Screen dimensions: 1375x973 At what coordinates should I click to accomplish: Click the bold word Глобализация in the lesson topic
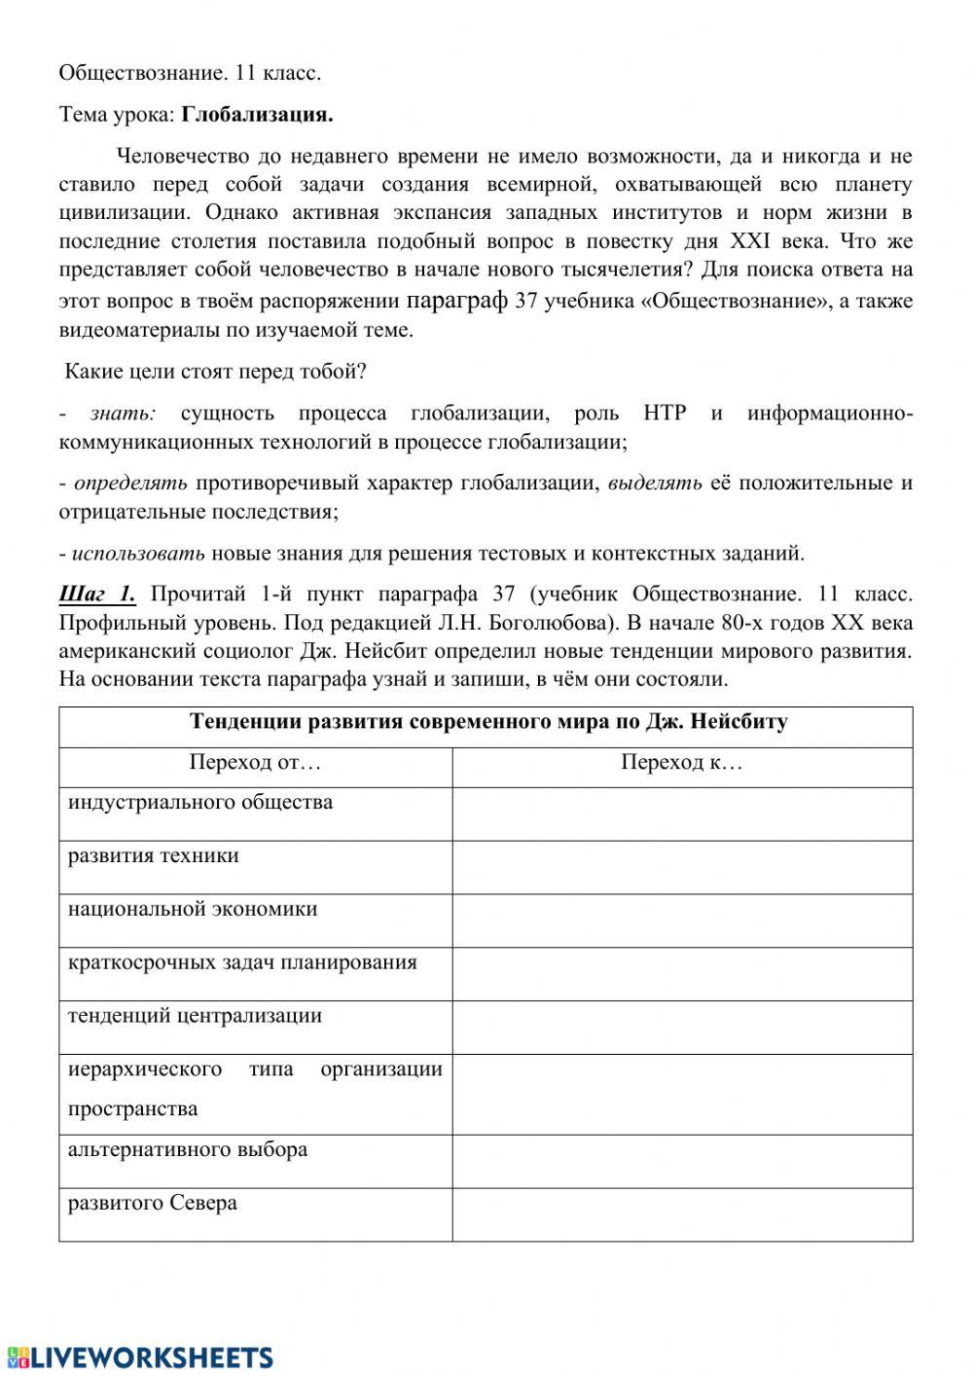point(257,115)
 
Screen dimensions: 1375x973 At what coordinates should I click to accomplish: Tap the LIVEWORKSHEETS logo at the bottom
point(138,1357)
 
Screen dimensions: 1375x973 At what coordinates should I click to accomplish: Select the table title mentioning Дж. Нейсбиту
point(487,722)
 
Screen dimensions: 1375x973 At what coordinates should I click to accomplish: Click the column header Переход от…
point(255,762)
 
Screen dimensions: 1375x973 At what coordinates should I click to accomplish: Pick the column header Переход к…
point(681,762)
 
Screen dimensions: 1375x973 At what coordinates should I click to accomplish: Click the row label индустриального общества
point(200,803)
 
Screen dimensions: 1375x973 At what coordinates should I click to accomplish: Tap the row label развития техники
point(154,856)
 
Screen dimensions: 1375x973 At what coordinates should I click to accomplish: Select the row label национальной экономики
point(193,910)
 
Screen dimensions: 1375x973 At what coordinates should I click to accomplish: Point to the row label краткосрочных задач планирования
point(242,963)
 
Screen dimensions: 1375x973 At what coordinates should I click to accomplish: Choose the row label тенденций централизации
point(195,1016)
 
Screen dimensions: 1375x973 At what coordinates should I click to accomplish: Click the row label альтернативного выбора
point(188,1149)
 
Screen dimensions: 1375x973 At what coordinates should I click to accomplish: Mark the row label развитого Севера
point(153,1203)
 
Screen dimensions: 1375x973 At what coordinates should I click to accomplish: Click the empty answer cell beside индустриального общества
point(681,814)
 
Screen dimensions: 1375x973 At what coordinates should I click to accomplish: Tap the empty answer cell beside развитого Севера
point(681,1214)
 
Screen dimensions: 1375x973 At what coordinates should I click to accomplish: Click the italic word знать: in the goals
point(123,414)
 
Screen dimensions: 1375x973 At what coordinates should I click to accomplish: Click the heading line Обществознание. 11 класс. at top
point(190,73)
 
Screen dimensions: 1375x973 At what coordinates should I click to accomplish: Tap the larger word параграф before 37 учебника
point(456,300)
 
